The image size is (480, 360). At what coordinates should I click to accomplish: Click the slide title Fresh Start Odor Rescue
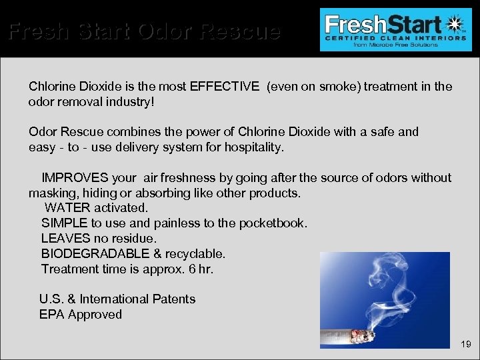(x=144, y=31)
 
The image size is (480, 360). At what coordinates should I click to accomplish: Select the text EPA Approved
(x=81, y=315)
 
